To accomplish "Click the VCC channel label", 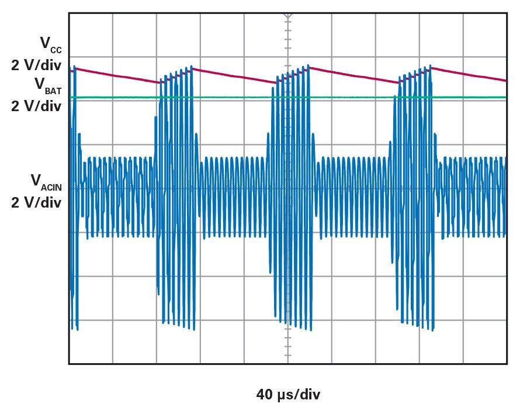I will coord(50,44).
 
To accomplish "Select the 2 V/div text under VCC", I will coord(36,65).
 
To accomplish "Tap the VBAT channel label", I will coord(48,85).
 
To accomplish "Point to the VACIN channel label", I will coord(46,182).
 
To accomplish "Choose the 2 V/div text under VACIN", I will coord(36,203).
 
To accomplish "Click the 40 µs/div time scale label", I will coord(288,395).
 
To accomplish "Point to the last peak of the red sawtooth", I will coord(431,67).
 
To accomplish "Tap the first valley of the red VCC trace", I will coord(158,83).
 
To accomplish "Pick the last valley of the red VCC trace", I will coord(399,83).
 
